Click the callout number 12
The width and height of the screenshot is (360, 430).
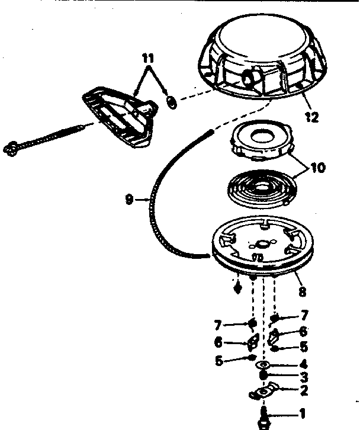coord(312,117)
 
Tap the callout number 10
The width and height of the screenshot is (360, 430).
coord(318,168)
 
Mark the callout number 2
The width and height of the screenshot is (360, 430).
coord(304,390)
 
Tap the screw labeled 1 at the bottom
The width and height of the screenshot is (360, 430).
coord(262,415)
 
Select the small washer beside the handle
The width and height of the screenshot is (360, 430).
coord(171,102)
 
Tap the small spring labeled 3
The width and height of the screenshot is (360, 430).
coord(263,377)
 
